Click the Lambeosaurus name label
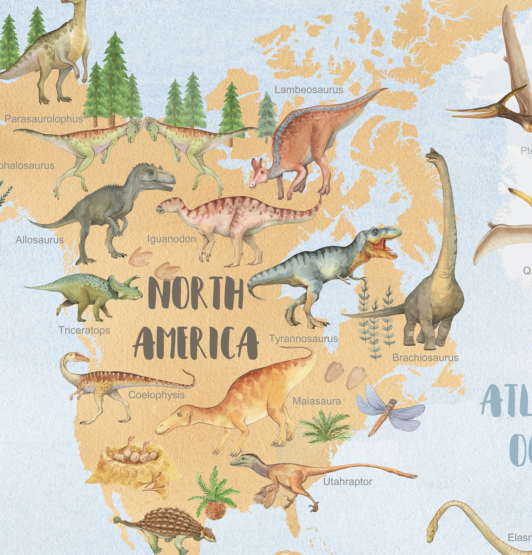pos(309,90)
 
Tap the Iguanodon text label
pos(172,239)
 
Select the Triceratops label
pos(84,330)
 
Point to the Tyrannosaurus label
pos(303,339)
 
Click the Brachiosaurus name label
pos(425,358)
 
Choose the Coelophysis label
pos(156,395)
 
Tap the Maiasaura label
pos(316,401)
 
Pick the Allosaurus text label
pos(39,240)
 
